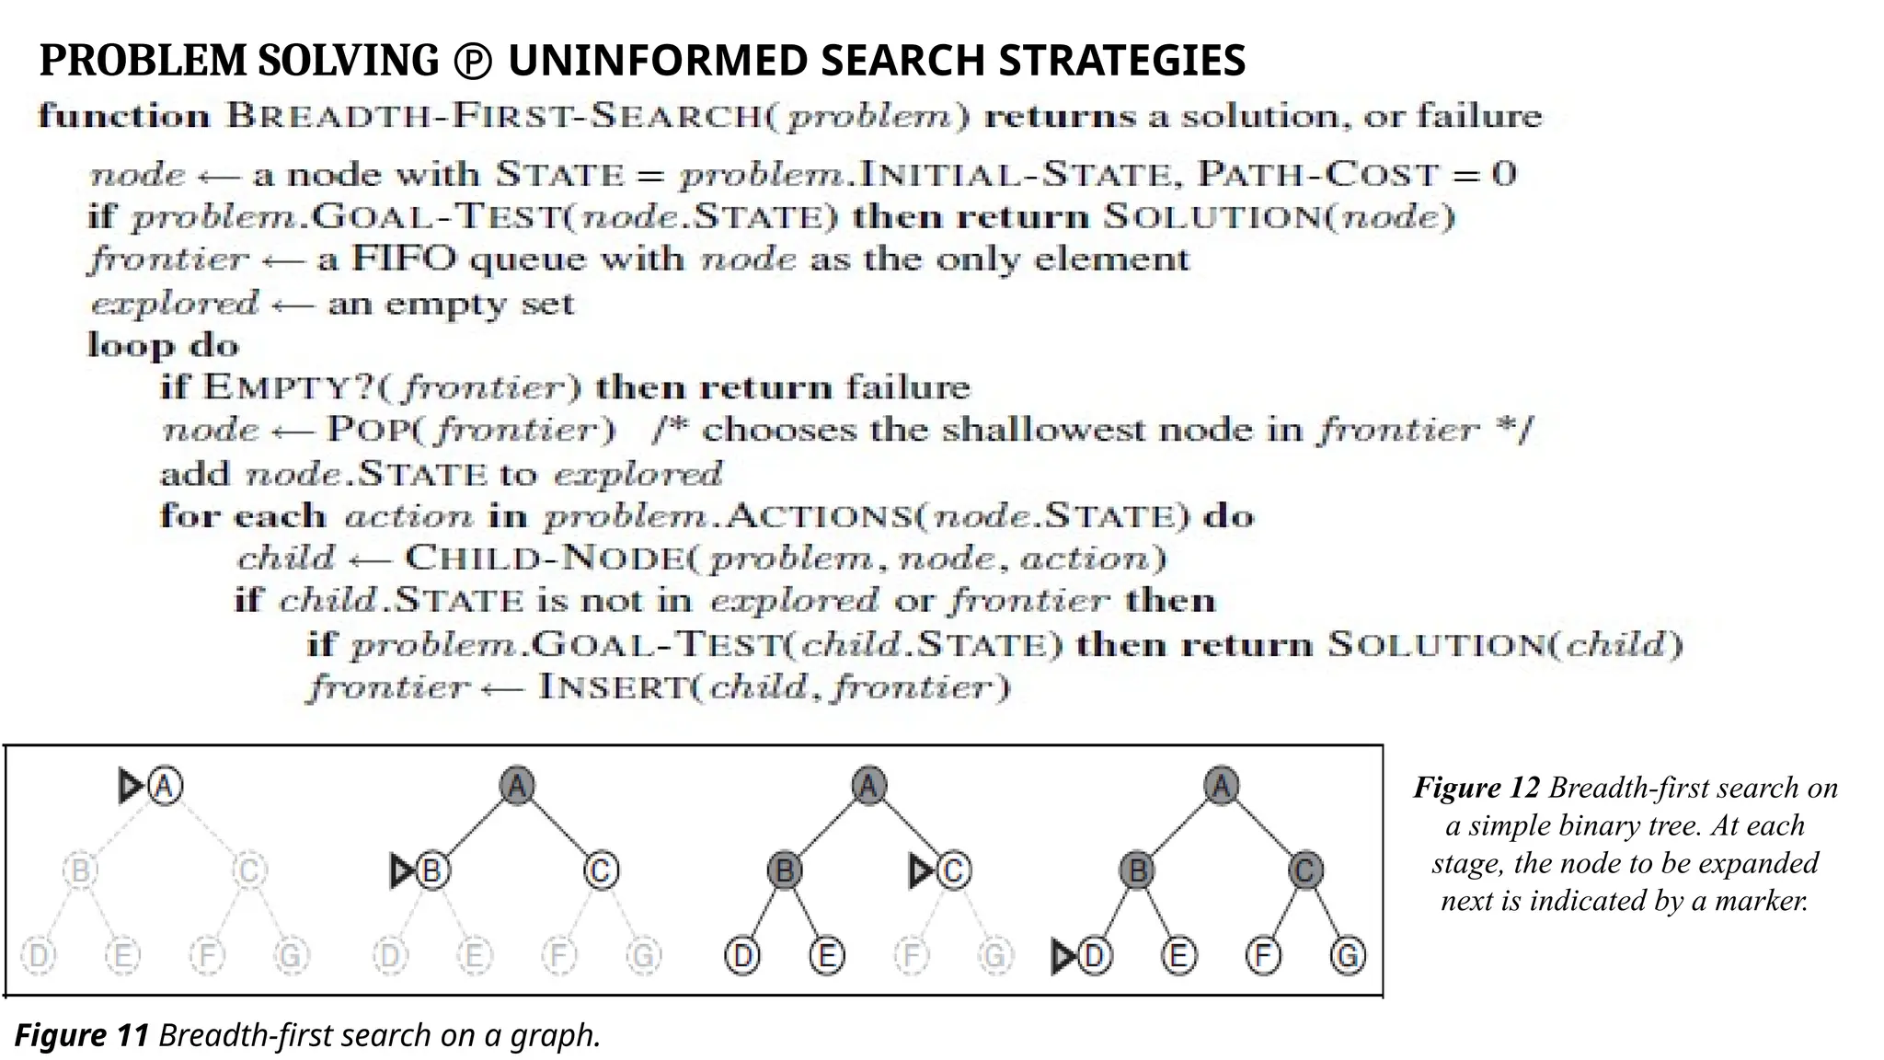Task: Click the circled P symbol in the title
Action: point(473,62)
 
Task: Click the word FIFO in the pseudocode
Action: point(403,259)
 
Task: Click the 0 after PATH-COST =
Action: point(1504,174)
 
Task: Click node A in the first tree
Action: point(166,786)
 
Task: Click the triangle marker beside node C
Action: point(920,870)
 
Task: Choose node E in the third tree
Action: point(827,956)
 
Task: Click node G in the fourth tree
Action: point(1348,956)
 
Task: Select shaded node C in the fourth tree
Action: point(1305,870)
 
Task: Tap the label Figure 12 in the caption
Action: point(1476,788)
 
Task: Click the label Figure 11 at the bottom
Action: point(81,1035)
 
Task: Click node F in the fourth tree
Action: point(1263,956)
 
